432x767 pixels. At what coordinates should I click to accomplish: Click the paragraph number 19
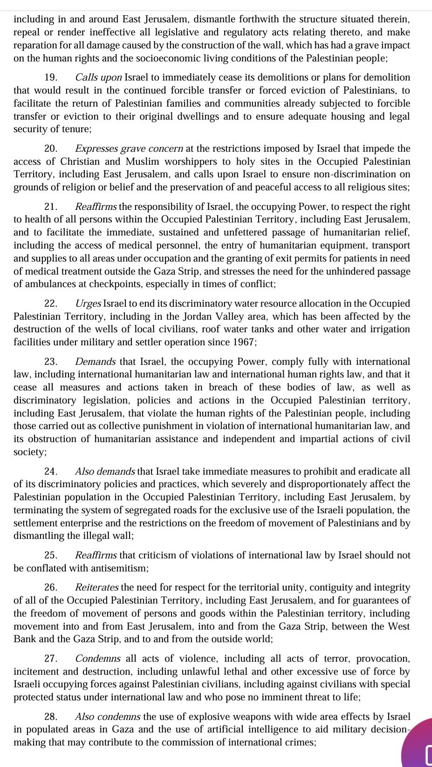tap(51, 78)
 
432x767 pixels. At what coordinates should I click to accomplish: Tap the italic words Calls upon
tap(99, 78)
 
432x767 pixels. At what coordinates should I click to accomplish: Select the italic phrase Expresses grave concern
tap(129, 149)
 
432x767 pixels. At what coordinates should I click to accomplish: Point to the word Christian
tap(79, 161)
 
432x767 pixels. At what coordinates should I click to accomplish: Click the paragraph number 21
tap(51, 207)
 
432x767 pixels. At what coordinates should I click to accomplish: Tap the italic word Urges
tap(88, 303)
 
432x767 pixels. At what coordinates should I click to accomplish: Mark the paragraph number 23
tap(51, 362)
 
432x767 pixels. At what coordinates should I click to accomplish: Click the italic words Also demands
tap(105, 471)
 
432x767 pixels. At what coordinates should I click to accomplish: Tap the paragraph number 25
tap(51, 555)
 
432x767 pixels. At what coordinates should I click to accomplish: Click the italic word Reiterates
tap(97, 588)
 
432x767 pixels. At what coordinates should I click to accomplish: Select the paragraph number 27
tap(51, 659)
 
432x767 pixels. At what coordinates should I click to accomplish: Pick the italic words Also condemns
tap(108, 717)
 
